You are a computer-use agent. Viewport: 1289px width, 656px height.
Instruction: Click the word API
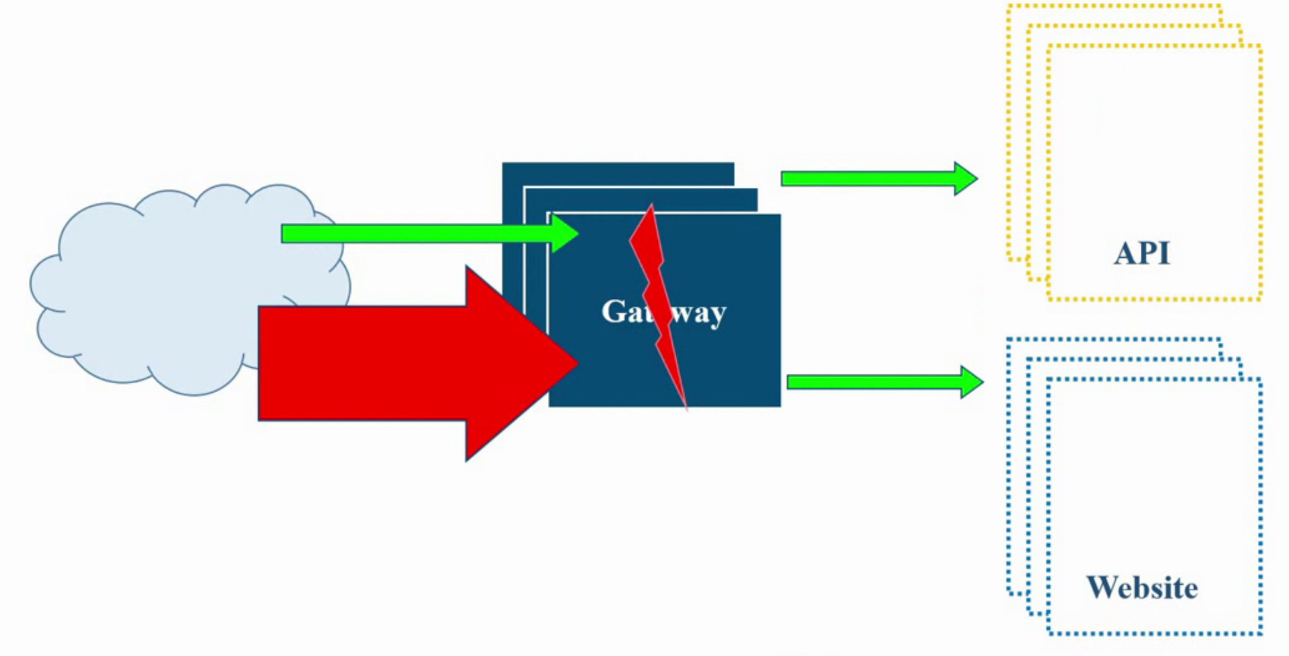[1142, 254]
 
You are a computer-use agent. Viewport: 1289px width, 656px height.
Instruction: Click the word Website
[1142, 588]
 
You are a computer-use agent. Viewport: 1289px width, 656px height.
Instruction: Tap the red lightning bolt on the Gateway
[657, 296]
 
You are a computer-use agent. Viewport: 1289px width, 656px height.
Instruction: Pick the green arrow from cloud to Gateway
[418, 234]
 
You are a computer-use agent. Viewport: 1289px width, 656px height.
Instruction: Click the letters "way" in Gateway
[700, 313]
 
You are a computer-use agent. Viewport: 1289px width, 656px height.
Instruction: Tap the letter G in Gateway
[614, 311]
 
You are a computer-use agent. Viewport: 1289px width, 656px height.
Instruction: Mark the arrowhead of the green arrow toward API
[965, 178]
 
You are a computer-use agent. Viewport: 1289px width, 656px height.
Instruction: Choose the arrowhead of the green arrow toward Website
[971, 383]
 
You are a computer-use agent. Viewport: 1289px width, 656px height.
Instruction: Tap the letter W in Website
[1103, 588]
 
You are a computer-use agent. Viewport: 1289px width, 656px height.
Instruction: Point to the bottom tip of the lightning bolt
[686, 406]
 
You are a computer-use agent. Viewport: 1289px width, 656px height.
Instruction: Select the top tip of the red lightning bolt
[651, 207]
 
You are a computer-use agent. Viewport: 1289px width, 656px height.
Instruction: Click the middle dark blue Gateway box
[640, 200]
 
